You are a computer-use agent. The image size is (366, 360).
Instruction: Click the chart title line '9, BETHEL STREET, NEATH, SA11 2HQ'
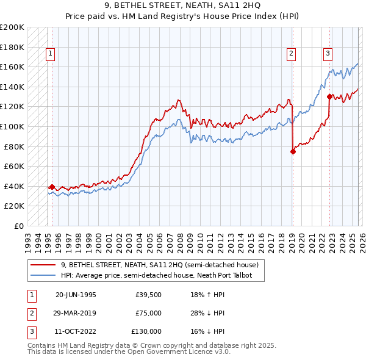(182, 6)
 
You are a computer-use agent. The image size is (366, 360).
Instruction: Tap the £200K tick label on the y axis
(12, 27)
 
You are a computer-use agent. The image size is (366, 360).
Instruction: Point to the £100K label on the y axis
(12, 126)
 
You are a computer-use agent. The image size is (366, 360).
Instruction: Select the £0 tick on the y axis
(18, 226)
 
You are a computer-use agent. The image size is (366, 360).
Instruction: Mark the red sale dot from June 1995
(52, 187)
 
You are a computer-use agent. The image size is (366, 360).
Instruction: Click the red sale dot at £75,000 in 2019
(293, 152)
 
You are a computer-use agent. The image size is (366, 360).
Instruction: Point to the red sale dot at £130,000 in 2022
(329, 96)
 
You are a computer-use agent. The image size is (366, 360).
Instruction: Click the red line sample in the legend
(44, 265)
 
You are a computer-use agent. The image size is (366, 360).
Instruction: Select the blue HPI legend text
(162, 276)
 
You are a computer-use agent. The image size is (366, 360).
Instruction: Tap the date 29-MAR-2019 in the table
(76, 313)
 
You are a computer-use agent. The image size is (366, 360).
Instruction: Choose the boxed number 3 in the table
(32, 331)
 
